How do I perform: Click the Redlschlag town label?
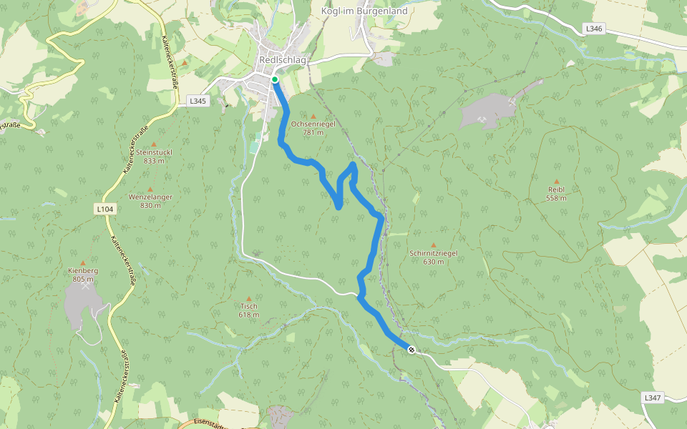click(282, 60)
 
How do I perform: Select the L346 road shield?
click(593, 29)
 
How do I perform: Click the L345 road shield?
click(198, 102)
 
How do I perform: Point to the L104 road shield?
click(104, 209)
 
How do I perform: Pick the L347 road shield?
click(652, 397)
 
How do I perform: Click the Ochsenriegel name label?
click(313, 124)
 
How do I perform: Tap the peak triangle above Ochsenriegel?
click(313, 116)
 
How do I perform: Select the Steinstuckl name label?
click(154, 152)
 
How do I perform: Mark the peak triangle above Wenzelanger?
click(150, 189)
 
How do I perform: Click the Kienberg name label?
click(82, 271)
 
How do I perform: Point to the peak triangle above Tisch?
click(249, 298)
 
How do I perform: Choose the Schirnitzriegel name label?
click(433, 253)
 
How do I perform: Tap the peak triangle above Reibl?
click(556, 182)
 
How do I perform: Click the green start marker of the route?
click(275, 79)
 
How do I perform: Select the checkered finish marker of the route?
click(411, 350)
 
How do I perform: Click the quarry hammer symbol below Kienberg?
click(87, 286)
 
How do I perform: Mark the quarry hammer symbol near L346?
click(511, 101)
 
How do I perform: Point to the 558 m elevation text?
click(556, 198)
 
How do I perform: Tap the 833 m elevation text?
click(154, 161)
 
